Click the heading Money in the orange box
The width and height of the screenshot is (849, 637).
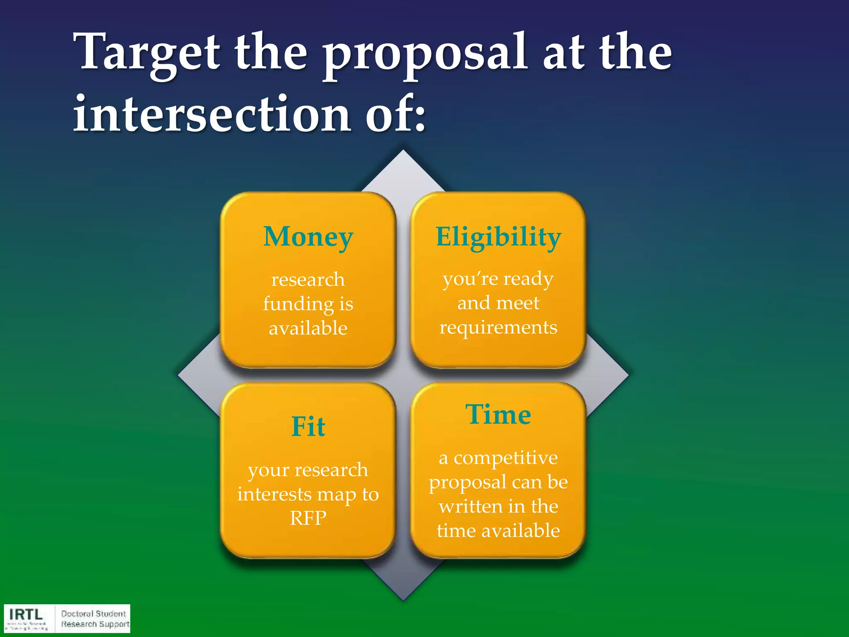[308, 237]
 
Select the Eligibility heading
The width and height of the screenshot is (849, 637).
[498, 237]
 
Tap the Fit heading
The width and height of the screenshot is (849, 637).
[308, 427]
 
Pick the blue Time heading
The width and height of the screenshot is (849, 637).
[498, 414]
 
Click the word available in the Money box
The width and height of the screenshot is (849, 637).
[308, 328]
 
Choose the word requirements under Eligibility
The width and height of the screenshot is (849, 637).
[498, 328]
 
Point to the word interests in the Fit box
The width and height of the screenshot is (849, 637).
[274, 494]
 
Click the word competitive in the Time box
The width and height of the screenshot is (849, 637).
[505, 458]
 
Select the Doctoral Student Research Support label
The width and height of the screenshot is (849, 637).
[95, 619]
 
